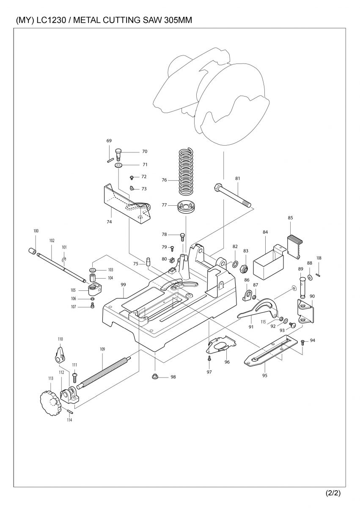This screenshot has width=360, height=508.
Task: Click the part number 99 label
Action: pos(124,284)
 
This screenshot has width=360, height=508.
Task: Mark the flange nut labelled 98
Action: pos(155,376)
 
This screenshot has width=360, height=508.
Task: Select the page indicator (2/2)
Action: pos(333,493)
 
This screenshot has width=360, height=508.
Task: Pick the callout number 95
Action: pos(265,375)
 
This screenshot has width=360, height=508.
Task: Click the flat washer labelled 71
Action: pos(118,164)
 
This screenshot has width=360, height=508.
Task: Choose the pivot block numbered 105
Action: pos(95,290)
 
